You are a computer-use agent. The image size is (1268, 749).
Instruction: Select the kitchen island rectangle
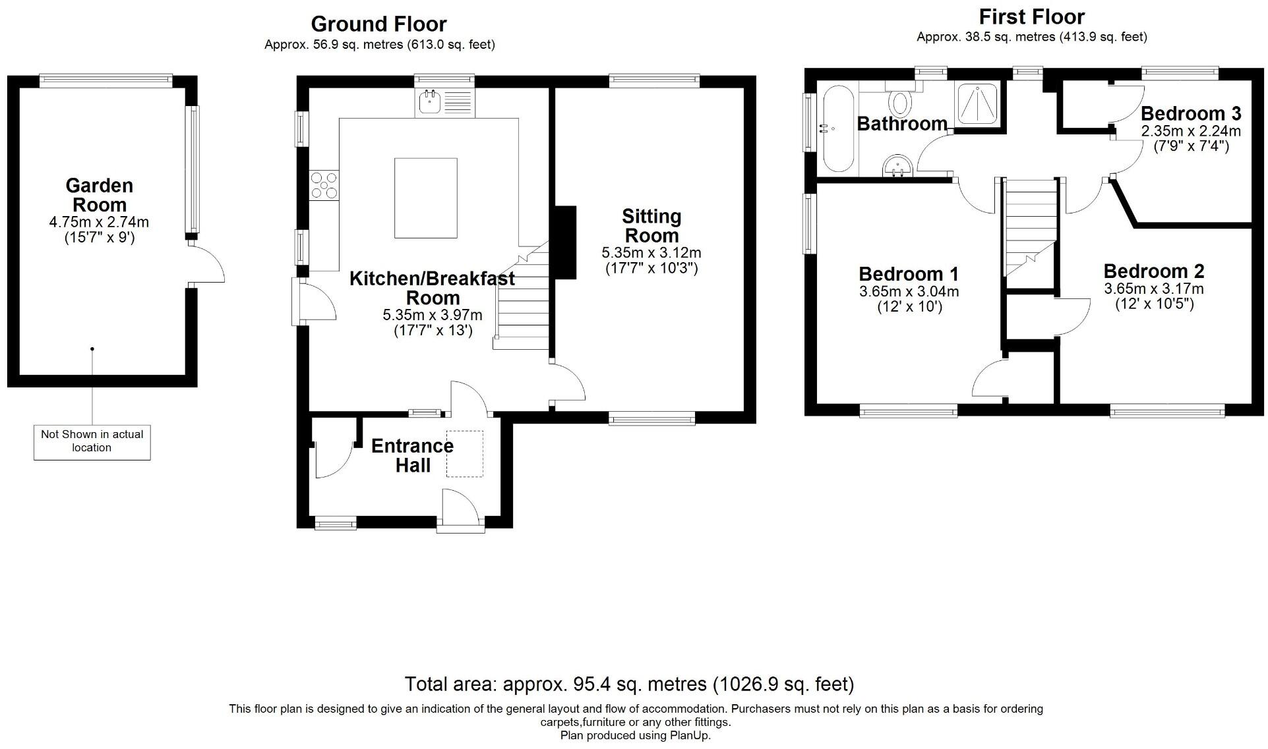pos(426,198)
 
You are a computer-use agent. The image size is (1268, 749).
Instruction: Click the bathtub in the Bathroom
pos(836,128)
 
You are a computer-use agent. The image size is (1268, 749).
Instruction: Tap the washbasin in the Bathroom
pos(897,165)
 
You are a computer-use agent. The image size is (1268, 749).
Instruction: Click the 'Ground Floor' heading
pos(378,24)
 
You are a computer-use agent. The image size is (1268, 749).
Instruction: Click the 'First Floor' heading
pos(1031,16)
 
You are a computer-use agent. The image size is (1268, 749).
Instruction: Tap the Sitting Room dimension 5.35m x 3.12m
pos(651,253)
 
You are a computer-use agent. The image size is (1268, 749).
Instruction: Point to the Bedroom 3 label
pos(1191,113)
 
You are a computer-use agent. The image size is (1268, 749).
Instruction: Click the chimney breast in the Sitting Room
pos(564,242)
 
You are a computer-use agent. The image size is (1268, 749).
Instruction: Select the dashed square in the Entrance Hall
pos(465,454)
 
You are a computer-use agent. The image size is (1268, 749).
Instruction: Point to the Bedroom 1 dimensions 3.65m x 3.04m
pos(909,292)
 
